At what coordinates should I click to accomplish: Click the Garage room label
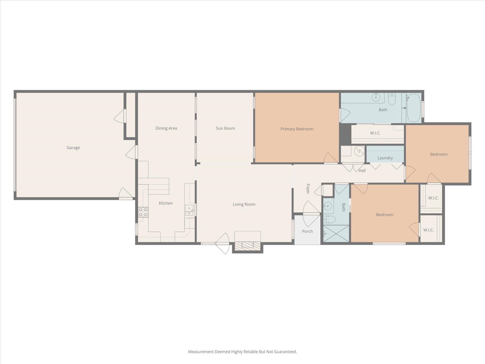[x=73, y=148]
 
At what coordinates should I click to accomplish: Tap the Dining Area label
[x=166, y=128]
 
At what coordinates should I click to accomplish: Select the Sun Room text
[x=225, y=128]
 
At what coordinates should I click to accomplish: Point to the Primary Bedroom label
[x=297, y=129]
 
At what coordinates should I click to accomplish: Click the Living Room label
[x=244, y=204]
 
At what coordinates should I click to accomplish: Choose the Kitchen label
[x=166, y=203]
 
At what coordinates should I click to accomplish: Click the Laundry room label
[x=385, y=158]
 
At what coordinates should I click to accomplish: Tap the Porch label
[x=307, y=231]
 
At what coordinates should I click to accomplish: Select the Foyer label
[x=308, y=189]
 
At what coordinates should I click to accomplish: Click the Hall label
[x=362, y=171]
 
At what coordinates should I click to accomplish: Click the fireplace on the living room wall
[x=248, y=246]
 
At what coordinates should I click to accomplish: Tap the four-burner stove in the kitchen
[x=143, y=212]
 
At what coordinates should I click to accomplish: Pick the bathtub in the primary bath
[x=413, y=108]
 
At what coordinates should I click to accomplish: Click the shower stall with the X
[x=336, y=234]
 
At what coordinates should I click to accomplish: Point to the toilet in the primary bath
[x=392, y=99]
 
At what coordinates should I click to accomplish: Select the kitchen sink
[x=189, y=210]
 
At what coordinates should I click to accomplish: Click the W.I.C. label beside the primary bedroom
[x=375, y=133]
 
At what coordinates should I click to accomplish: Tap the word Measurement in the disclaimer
[x=201, y=351]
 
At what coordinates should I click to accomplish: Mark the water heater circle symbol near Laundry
[x=359, y=151]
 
